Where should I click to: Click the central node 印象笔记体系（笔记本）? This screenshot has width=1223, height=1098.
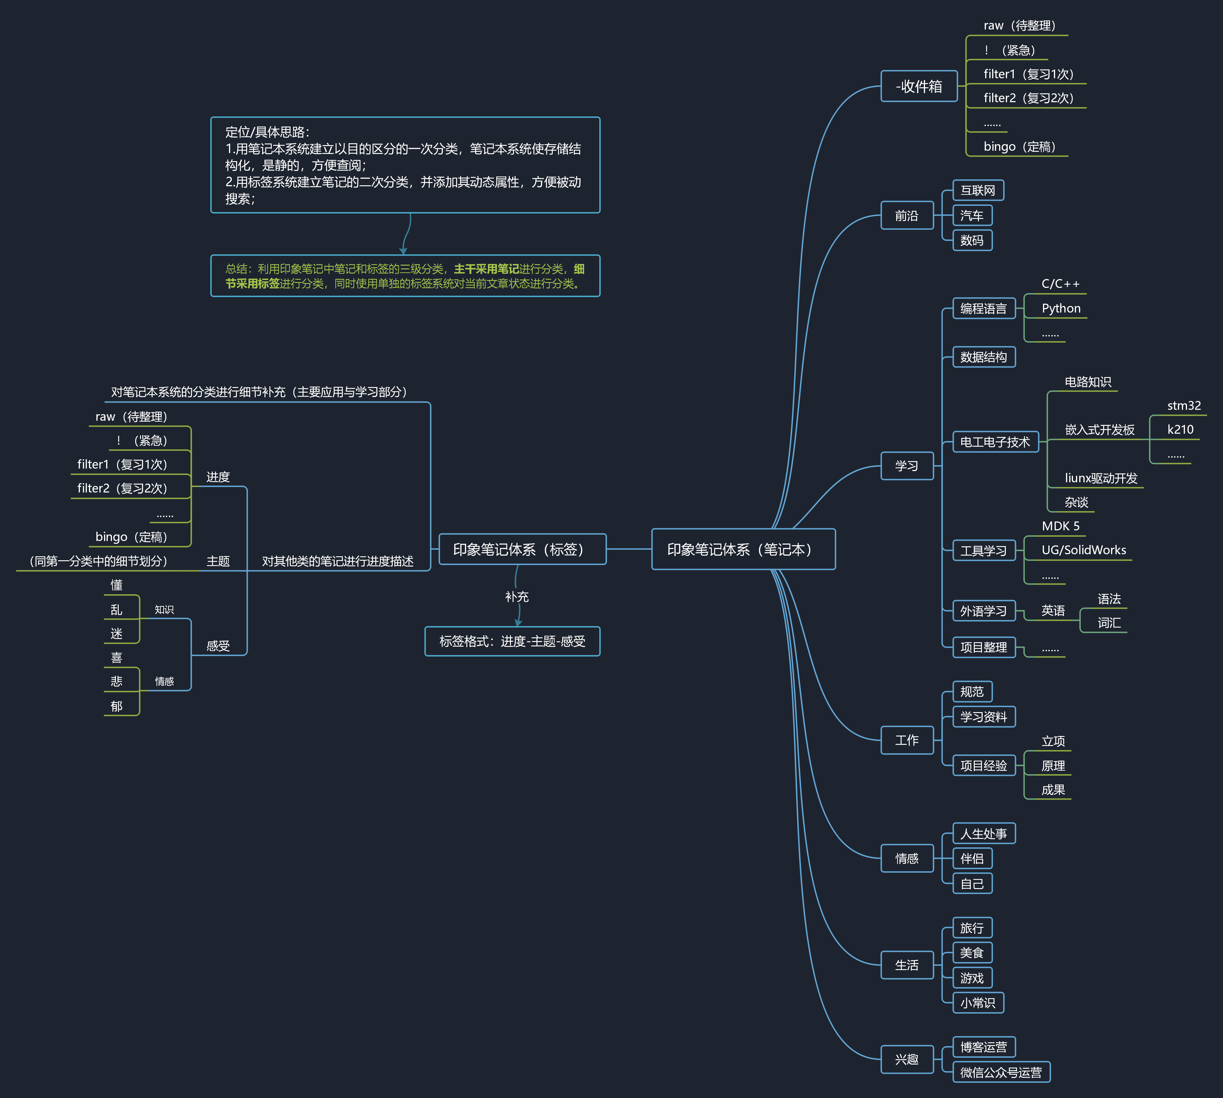[743, 549]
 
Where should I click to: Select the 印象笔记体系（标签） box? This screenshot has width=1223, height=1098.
[523, 549]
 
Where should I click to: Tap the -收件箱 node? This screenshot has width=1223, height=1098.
[919, 86]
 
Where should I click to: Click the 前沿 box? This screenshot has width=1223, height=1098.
[907, 215]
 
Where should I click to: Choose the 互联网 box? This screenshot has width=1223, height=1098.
[978, 190]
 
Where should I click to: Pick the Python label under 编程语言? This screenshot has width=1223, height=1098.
[1061, 308]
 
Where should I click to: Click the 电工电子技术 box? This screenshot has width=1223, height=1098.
[996, 442]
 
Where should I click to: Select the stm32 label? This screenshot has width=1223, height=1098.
[1184, 405]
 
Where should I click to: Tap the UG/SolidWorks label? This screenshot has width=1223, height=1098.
[1084, 550]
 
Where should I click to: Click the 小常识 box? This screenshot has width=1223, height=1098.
[978, 1002]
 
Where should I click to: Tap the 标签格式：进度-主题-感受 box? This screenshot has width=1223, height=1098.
[512, 641]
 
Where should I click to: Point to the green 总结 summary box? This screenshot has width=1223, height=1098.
[405, 276]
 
